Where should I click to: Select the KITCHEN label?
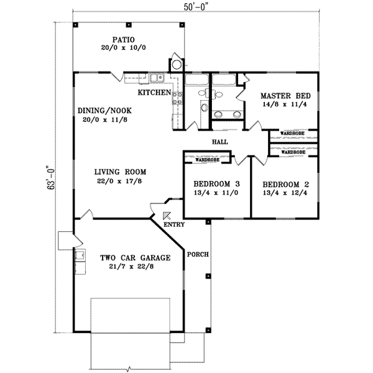pos(154,92)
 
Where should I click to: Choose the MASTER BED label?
pos(281,96)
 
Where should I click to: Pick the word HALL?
pos(219,142)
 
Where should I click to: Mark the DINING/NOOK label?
pos(104,111)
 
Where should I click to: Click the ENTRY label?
pos(175,224)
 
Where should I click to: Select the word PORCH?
pos(198,255)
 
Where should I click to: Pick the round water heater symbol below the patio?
pos(177,64)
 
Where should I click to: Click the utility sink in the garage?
pos(79,254)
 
